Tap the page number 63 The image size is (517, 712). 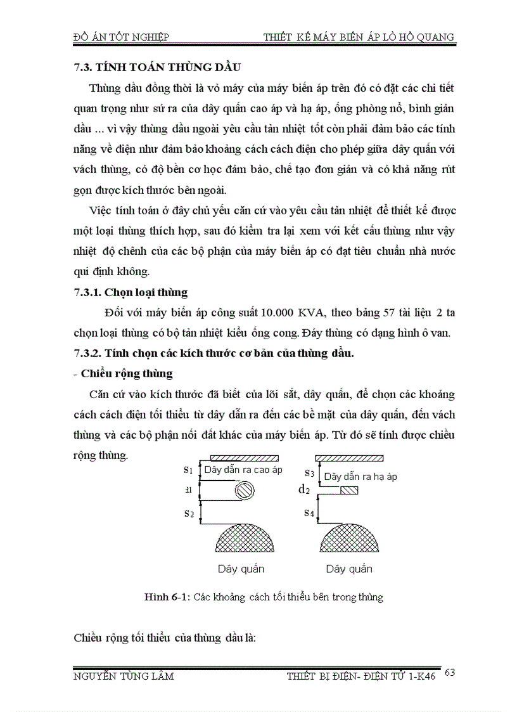click(450, 672)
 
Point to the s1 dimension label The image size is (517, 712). click(188, 470)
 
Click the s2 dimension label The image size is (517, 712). click(188, 513)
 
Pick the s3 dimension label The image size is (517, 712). click(309, 472)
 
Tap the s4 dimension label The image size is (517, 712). click(309, 512)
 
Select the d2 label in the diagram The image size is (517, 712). click(304, 489)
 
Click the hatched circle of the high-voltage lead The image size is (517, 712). click(244, 491)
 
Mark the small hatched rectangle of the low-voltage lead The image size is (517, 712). click(349, 490)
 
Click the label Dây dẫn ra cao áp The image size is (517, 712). click(243, 470)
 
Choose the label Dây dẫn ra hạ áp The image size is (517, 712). click(360, 476)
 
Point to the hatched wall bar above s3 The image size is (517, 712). click(349, 458)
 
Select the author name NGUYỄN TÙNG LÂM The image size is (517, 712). click(124, 676)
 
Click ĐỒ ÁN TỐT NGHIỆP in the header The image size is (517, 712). click(121, 37)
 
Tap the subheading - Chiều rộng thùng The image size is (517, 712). click(123, 373)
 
